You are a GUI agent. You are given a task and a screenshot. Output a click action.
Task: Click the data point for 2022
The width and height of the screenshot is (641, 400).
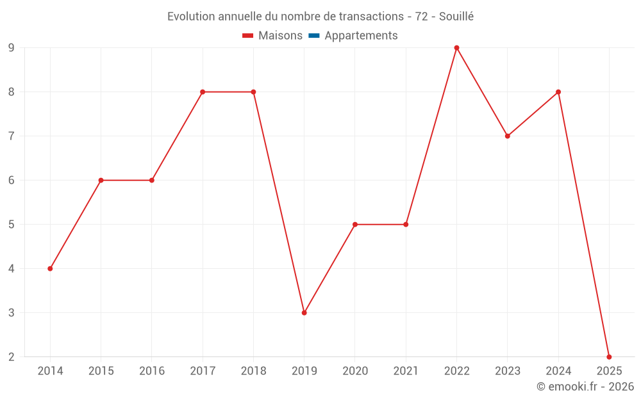pyautogui.click(x=456, y=48)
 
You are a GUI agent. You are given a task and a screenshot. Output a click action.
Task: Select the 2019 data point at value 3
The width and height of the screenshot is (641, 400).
pyautogui.click(x=304, y=313)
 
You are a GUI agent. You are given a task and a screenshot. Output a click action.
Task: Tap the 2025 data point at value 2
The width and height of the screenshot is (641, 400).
pyautogui.click(x=609, y=357)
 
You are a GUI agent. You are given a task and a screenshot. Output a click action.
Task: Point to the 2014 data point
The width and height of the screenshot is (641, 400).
pyautogui.click(x=50, y=269)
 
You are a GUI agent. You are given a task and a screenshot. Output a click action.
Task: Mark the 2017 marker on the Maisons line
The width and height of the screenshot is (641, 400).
pyautogui.click(x=203, y=92)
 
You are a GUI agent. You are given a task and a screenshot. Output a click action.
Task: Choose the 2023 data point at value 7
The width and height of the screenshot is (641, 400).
pyautogui.click(x=508, y=136)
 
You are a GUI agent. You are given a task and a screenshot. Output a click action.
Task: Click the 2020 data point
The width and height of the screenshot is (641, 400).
pyautogui.click(x=355, y=225)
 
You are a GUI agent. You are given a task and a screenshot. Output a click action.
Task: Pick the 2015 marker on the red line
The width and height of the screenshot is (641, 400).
pyautogui.click(x=101, y=180)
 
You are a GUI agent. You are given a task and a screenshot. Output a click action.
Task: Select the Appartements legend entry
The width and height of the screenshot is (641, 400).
pyautogui.click(x=361, y=36)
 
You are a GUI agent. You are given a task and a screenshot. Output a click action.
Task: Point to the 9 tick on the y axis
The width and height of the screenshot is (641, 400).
pyautogui.click(x=12, y=48)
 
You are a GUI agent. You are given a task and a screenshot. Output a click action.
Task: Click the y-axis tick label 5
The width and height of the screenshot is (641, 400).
pyautogui.click(x=12, y=225)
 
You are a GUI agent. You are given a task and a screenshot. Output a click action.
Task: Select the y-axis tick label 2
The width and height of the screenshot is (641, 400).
pyautogui.click(x=12, y=357)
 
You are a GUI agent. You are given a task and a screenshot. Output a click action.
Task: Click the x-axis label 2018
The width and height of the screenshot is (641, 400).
pyautogui.click(x=253, y=371)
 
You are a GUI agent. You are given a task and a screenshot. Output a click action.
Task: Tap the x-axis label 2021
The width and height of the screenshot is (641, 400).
pyautogui.click(x=406, y=371)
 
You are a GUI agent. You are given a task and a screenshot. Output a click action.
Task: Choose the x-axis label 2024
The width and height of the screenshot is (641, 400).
pyautogui.click(x=558, y=371)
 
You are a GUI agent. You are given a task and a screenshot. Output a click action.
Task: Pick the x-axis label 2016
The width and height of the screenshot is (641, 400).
pyautogui.click(x=152, y=371)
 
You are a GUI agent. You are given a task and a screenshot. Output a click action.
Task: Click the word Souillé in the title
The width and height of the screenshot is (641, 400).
pyautogui.click(x=456, y=17)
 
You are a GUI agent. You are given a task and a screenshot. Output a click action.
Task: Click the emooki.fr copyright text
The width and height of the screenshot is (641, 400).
pyautogui.click(x=585, y=387)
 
